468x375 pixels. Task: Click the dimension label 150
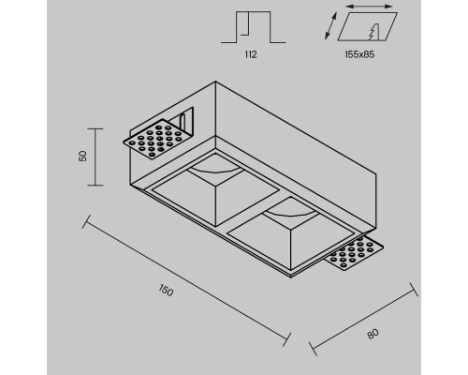(x=166, y=291)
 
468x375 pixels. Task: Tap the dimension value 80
(x=373, y=334)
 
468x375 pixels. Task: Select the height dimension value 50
(x=83, y=156)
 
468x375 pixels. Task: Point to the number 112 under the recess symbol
(x=251, y=54)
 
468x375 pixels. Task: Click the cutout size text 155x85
(x=359, y=54)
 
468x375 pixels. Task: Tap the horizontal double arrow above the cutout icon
(x=369, y=7)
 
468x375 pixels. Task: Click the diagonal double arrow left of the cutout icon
(x=330, y=26)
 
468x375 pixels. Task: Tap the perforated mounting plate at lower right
(x=355, y=253)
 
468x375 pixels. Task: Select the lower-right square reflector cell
(x=291, y=233)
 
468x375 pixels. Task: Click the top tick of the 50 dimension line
(x=95, y=128)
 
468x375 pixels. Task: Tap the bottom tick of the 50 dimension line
(x=95, y=185)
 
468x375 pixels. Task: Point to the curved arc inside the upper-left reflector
(x=215, y=171)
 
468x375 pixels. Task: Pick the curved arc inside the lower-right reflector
(x=291, y=215)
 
